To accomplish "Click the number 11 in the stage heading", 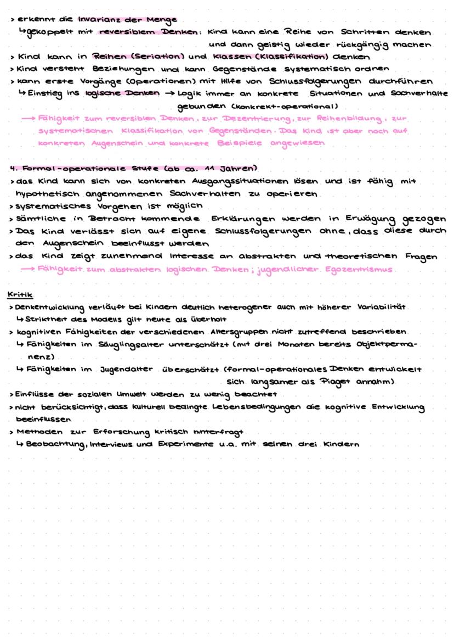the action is click(206, 168).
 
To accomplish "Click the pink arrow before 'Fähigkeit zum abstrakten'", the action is click(27, 269).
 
